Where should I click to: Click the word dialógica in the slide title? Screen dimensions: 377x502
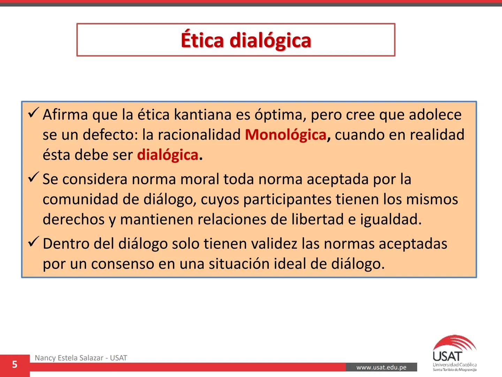270,40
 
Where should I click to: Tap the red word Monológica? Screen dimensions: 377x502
285,135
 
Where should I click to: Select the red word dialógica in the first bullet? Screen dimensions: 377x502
168,155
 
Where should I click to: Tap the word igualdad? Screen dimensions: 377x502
390,220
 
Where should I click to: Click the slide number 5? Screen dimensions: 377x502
15,365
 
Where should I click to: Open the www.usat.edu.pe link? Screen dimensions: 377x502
381,367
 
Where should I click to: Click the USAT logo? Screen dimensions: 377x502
454,353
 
